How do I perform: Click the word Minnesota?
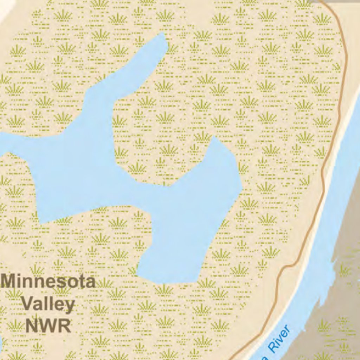point(48,282)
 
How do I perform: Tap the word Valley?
point(48,304)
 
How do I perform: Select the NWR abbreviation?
point(48,326)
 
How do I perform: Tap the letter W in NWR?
point(48,326)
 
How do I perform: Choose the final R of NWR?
point(65,326)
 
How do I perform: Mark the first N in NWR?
point(31,326)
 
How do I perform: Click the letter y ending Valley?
point(69,306)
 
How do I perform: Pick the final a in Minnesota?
point(90,283)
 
